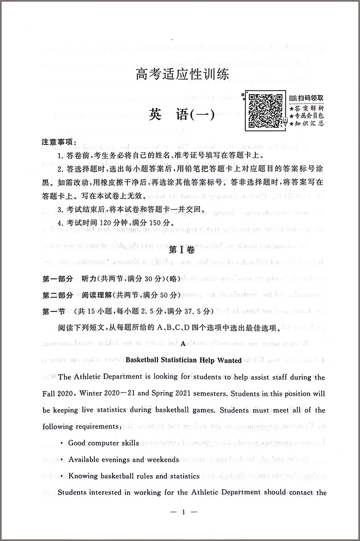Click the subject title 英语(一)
[x=185, y=116]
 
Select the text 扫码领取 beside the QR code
[x=309, y=97]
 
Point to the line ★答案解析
[x=307, y=108]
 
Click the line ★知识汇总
[x=307, y=124]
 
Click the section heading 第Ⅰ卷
[x=182, y=250]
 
